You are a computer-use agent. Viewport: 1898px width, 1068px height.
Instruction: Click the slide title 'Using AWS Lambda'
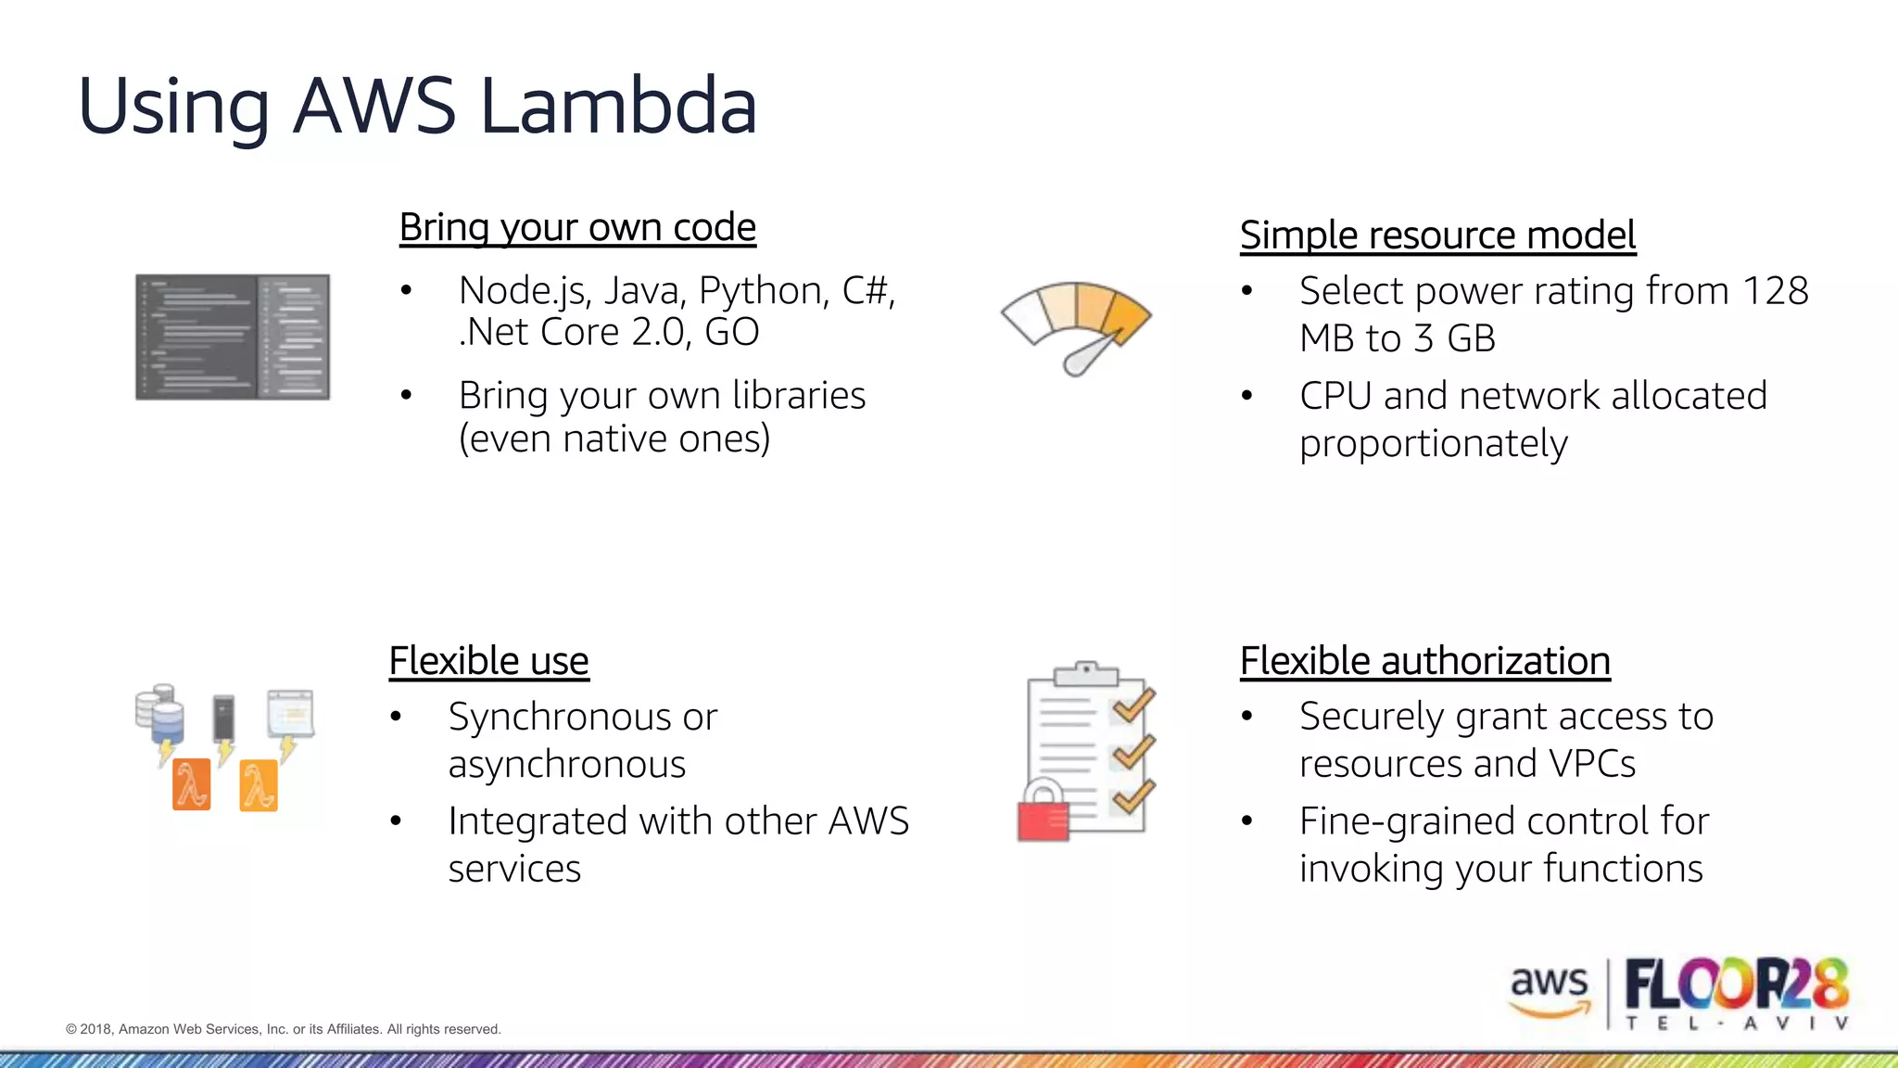pyautogui.click(x=417, y=106)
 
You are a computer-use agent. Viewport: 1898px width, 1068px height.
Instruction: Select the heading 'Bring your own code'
pyautogui.click(x=577, y=227)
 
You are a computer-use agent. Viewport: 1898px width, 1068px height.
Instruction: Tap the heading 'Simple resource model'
pyautogui.click(x=1437, y=235)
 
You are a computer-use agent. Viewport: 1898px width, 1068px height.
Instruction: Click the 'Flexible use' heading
pyautogui.click(x=488, y=661)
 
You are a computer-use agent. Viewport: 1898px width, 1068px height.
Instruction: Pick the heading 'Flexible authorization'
pyautogui.click(x=1424, y=661)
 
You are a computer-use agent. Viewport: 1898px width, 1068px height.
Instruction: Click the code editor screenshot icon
pyautogui.click(x=233, y=337)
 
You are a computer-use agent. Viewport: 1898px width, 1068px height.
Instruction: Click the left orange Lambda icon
pyautogui.click(x=192, y=784)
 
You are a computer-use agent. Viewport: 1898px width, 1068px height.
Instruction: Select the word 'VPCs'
pyautogui.click(x=1591, y=764)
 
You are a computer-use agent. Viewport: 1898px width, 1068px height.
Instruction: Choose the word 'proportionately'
pyautogui.click(x=1433, y=444)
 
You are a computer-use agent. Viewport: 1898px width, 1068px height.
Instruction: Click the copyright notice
pyautogui.click(x=284, y=1029)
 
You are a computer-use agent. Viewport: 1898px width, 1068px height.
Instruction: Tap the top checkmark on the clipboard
pyautogui.click(x=1132, y=706)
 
